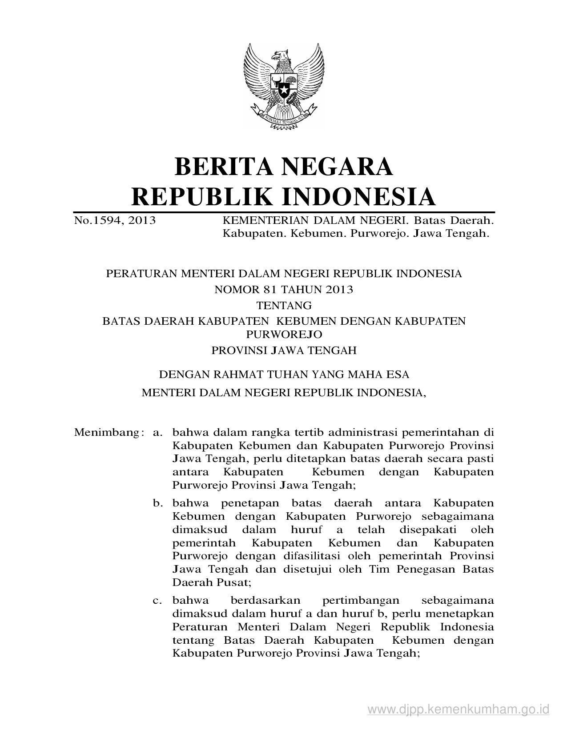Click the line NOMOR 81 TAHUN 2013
coord(284,290)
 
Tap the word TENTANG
coord(284,306)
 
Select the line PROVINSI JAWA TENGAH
coord(284,351)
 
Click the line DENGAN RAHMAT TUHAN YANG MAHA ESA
coord(284,374)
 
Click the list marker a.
coord(156,432)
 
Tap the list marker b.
coord(156,503)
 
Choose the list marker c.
coord(156,601)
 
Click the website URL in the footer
coord(458,709)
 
